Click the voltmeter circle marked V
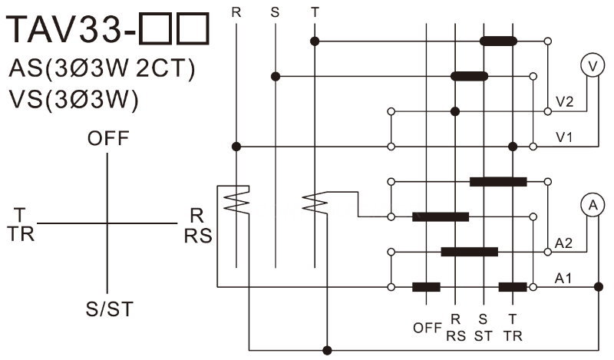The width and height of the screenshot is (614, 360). click(593, 65)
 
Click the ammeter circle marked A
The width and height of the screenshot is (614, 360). click(593, 205)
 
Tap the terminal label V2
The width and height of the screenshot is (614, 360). click(564, 102)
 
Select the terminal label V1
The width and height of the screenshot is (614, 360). click(564, 137)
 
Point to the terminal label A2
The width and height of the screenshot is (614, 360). click(563, 243)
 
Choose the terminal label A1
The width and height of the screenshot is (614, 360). click(563, 279)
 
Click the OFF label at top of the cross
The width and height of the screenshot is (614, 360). click(108, 138)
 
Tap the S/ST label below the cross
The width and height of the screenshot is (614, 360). click(110, 309)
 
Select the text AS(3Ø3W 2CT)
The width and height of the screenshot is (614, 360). click(101, 68)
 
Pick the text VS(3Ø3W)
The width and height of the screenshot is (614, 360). click(74, 100)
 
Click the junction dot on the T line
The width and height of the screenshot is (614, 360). click(315, 41)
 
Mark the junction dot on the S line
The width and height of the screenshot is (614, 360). click(276, 77)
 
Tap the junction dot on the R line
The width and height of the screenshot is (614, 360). click(236, 147)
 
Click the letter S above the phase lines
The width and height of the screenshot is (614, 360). click(275, 12)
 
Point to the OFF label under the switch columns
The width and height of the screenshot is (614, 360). click(427, 328)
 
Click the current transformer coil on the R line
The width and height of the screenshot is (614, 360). click(236, 200)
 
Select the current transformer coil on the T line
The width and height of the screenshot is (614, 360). click(315, 203)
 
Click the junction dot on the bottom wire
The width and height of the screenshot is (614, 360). click(328, 350)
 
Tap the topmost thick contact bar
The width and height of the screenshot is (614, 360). click(498, 41)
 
